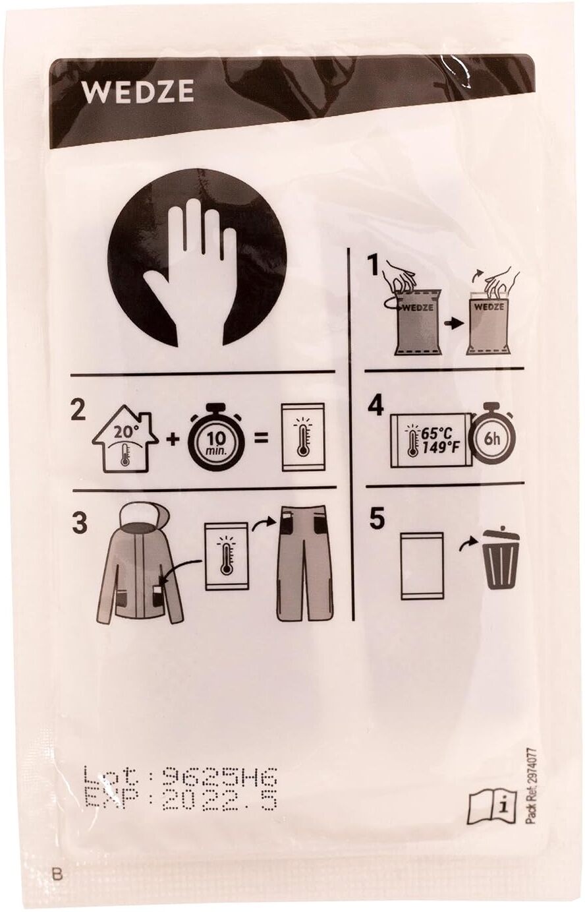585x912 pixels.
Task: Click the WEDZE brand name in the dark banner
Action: click(138, 92)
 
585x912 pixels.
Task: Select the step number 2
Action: click(78, 411)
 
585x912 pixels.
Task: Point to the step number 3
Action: click(79, 524)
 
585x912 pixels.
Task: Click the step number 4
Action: click(376, 406)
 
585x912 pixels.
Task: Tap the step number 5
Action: click(376, 519)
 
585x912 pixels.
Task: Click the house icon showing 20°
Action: click(125, 442)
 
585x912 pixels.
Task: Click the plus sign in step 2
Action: click(174, 441)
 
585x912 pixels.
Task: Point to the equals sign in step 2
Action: click(260, 439)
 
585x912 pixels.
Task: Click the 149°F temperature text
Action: click(441, 448)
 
